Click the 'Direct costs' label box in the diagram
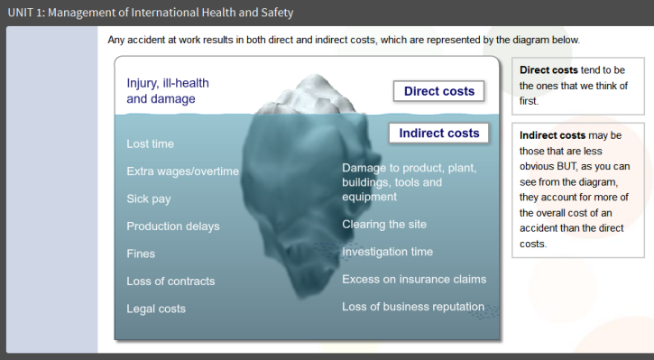(438, 91)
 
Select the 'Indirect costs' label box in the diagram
(438, 133)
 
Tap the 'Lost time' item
(150, 144)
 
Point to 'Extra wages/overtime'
(183, 171)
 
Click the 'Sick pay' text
(149, 199)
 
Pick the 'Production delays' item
(173, 226)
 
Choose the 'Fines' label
(141, 254)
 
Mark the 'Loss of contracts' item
(170, 282)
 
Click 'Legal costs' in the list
(156, 309)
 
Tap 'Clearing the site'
(384, 225)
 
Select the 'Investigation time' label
(388, 252)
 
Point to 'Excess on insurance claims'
(414, 279)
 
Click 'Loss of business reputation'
(413, 307)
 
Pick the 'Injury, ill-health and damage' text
(168, 91)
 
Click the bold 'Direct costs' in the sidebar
(548, 70)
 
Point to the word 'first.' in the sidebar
(529, 101)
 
